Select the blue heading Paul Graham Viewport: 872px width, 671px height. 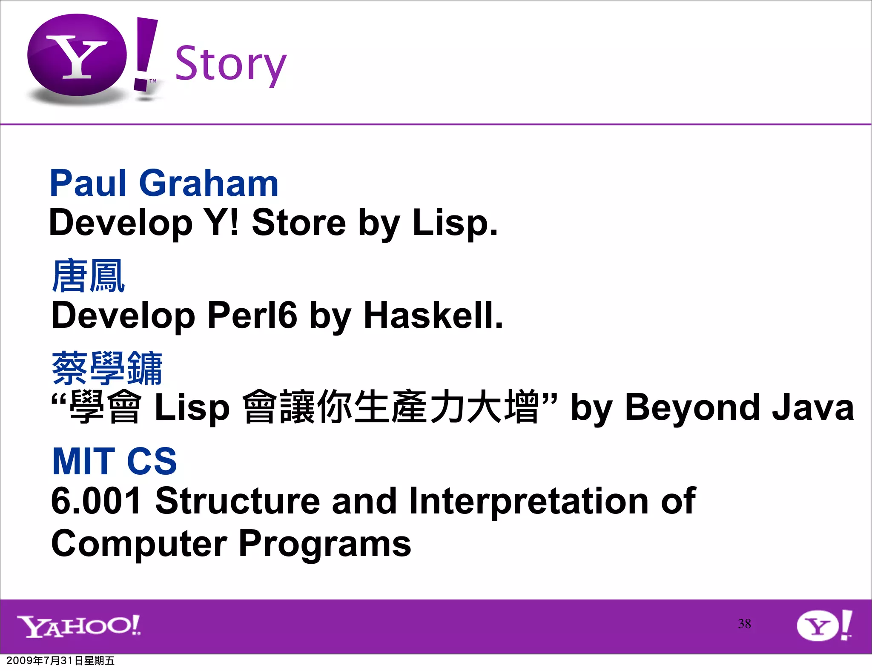(x=164, y=183)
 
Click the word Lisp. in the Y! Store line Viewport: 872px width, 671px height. (x=455, y=223)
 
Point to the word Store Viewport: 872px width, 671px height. (x=298, y=223)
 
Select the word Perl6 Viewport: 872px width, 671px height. (x=252, y=315)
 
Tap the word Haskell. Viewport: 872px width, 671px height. (x=433, y=315)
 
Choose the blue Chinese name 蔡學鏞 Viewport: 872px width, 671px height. (x=107, y=368)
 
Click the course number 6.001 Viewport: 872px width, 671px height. (x=96, y=501)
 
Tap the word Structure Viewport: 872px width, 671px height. (x=237, y=501)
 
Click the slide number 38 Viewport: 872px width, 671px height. (x=744, y=624)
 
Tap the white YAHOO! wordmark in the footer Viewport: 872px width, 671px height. (x=79, y=626)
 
